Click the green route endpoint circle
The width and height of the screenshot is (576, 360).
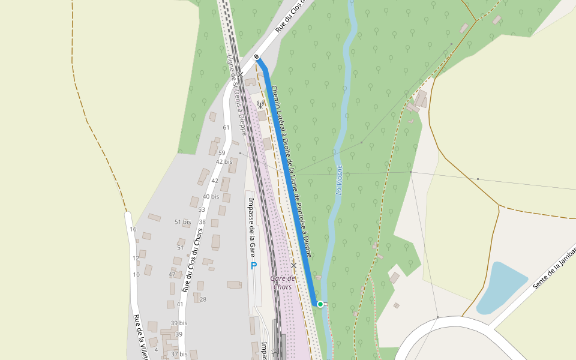[x=320, y=304]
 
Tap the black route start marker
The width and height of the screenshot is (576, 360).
[x=257, y=57]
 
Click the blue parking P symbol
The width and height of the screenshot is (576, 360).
[x=253, y=265]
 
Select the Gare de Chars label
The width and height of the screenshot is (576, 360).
[x=283, y=282]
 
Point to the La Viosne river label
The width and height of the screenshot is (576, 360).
[x=339, y=179]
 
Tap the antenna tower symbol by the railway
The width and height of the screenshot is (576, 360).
[x=260, y=104]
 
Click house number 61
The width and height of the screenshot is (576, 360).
[x=226, y=127]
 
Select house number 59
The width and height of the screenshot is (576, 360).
[x=221, y=153]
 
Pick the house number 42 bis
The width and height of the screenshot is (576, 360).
[x=224, y=161]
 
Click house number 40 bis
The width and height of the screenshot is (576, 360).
[x=211, y=196]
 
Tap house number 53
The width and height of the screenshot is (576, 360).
[x=202, y=209]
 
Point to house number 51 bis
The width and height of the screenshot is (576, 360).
[x=182, y=222]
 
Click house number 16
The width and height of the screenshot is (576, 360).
[x=133, y=229]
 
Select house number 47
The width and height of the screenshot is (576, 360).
[x=172, y=274]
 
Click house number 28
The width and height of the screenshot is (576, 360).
[x=203, y=299]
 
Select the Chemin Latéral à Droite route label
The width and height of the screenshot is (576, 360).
[x=291, y=171]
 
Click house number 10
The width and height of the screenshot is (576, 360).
[x=136, y=275]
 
